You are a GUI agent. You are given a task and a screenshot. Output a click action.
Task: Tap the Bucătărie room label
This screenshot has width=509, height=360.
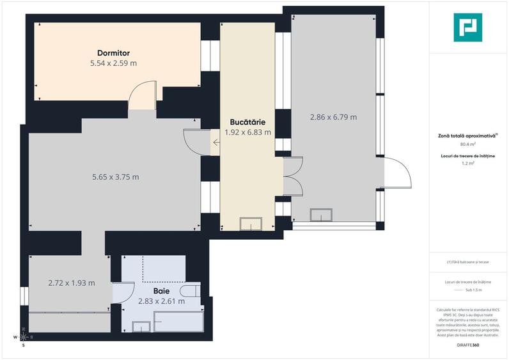click(x=247, y=121)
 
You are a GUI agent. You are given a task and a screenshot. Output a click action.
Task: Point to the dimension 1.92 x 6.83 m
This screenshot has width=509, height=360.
click(x=247, y=132)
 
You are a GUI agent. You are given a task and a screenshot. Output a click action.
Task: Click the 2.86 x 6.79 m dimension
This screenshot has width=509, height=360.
click(x=333, y=117)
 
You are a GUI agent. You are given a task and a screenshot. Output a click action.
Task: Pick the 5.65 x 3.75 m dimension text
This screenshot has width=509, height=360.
click(x=116, y=177)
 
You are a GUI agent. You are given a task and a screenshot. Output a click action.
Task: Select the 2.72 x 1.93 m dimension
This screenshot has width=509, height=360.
click(x=72, y=283)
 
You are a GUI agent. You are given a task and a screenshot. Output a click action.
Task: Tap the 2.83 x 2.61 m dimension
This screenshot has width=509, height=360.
click(x=162, y=301)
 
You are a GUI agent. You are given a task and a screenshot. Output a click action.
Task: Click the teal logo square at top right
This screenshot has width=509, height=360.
click(x=468, y=28)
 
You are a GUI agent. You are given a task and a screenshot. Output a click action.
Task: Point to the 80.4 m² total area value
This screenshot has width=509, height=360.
click(x=468, y=145)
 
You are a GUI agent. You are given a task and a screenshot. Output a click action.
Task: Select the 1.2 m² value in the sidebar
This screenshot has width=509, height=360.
click(x=468, y=164)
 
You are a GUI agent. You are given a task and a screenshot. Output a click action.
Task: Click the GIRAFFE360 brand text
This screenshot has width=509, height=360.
click(x=468, y=345)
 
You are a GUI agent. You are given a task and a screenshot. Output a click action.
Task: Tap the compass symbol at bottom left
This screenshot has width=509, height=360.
click(x=24, y=337)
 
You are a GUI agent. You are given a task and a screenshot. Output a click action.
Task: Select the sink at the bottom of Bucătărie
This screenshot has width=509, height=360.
click(x=251, y=224)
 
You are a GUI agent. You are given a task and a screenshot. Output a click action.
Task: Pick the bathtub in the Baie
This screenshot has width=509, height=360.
click(x=178, y=322)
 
